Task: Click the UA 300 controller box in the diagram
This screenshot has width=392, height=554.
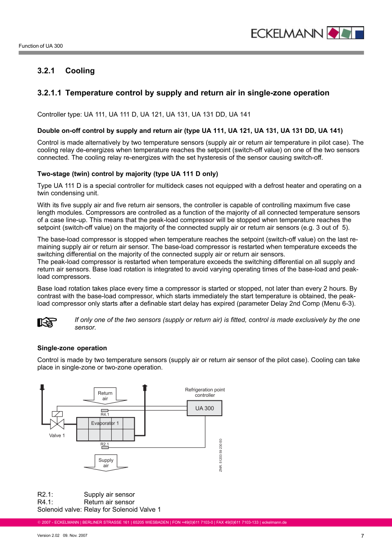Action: pos(205,408)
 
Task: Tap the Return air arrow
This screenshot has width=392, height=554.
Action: pos(105,395)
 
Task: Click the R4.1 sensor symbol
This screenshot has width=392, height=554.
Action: pos(105,410)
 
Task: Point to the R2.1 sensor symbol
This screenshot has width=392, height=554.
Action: pos(105,448)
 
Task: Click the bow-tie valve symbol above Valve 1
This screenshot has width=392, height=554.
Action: pos(57,424)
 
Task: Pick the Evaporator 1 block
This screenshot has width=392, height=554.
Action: pos(105,429)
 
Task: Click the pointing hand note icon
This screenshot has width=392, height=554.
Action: pos(46,322)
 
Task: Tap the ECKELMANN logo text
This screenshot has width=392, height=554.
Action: pos(287,33)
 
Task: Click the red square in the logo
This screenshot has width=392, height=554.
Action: pos(333,33)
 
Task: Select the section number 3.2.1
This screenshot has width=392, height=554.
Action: pos(46,71)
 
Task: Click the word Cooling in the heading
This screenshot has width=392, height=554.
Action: pos(80,71)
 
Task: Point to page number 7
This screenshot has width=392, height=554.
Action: pos(362,536)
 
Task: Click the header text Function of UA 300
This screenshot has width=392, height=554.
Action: pos(41,46)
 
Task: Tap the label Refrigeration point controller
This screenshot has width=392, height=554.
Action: pos(205,392)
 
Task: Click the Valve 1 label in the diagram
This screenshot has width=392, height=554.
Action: pos(57,436)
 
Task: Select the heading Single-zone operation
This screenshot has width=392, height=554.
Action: pos(72,348)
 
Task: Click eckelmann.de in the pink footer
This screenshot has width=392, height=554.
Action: pos(274,522)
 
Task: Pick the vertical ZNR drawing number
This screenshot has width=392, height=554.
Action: pos(221,455)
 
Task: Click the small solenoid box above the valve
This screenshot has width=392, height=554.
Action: pos(57,414)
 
